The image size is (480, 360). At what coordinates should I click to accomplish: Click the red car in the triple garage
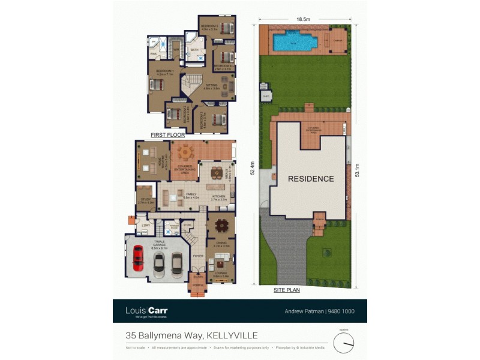pyautogui.click(x=138, y=259)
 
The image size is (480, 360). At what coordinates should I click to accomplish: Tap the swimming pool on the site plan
pyautogui.click(x=294, y=42)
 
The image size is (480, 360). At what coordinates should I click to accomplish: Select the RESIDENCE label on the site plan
pyautogui.click(x=310, y=179)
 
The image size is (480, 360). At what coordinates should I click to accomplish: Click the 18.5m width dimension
pyautogui.click(x=303, y=20)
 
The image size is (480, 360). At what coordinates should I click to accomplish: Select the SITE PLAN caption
pyautogui.click(x=286, y=289)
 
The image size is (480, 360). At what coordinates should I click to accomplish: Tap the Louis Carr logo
pyautogui.click(x=146, y=311)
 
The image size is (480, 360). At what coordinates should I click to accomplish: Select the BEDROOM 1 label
pyautogui.click(x=164, y=71)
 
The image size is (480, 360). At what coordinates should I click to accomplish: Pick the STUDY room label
pyautogui.click(x=145, y=199)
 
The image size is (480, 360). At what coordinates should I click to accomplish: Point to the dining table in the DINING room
pyautogui.click(x=221, y=226)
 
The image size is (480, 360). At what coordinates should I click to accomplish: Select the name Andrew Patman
pyautogui.click(x=303, y=311)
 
